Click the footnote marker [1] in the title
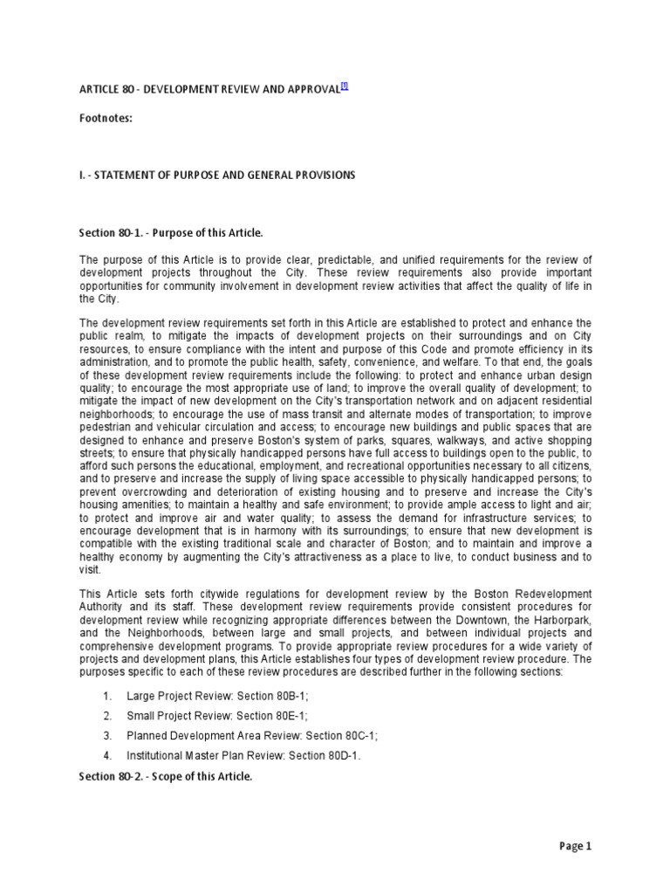[x=345, y=85]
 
